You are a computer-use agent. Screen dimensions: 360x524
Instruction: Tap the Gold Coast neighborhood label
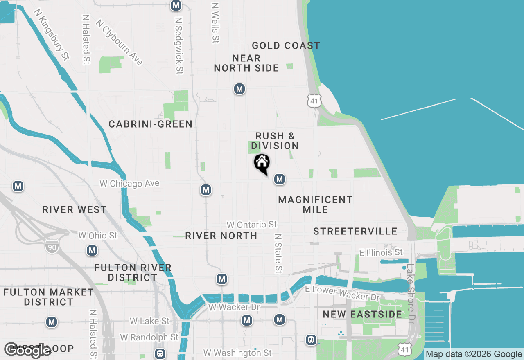click(286, 45)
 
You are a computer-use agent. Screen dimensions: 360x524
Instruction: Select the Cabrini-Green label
click(151, 124)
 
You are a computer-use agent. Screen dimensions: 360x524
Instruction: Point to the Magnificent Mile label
click(315, 205)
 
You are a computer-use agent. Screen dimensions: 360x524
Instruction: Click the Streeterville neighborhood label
click(355, 232)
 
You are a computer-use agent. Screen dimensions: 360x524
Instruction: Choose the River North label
click(221, 236)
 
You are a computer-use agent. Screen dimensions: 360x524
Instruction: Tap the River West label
click(75, 210)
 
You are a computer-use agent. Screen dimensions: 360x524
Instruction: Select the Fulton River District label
click(133, 272)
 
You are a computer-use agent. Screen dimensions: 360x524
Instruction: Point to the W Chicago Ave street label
click(129, 184)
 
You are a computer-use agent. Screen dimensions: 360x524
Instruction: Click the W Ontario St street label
click(252, 225)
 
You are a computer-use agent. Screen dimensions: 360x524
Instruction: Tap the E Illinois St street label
click(381, 252)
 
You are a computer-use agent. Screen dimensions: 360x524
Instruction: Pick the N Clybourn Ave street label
click(119, 42)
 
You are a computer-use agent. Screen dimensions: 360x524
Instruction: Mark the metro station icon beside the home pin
click(280, 179)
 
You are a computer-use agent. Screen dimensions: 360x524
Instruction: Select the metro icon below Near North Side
click(239, 89)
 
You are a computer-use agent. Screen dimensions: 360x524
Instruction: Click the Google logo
click(27, 350)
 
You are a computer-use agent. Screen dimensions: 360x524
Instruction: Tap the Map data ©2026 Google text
click(474, 354)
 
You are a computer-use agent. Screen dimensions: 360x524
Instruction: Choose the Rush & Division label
click(275, 141)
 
